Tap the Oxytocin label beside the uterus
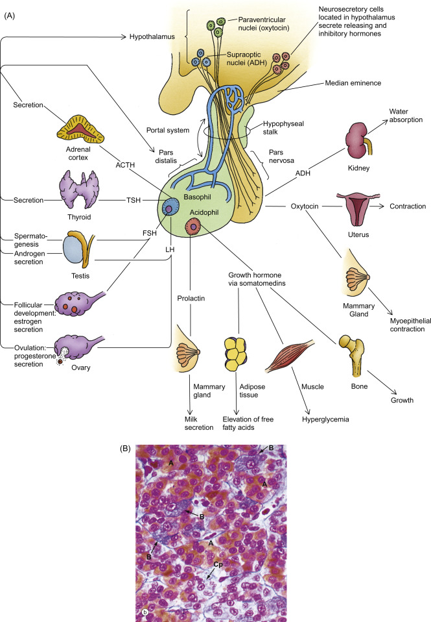[304, 206]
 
